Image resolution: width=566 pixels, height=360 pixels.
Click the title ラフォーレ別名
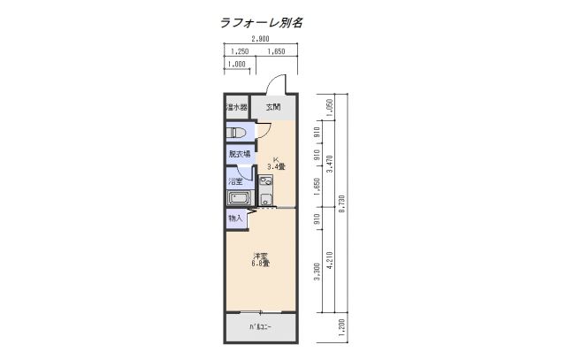pos(261,22)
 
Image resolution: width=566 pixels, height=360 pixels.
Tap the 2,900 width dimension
pos(261,40)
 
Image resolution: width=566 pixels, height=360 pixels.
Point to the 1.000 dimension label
pos(236,65)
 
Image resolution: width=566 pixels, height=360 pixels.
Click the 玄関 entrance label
pos(274,108)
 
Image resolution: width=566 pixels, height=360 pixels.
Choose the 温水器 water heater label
pos(236,108)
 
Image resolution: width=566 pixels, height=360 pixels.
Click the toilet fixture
pos(236,132)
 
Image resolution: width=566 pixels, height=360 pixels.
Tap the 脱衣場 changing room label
pos(239,154)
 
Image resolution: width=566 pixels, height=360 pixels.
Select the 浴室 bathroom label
pos(236,181)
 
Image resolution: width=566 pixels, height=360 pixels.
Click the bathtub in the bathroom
pos(237,196)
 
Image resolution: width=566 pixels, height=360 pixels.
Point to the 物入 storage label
pos(235,218)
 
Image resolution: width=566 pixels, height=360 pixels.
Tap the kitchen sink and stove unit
pos(266,190)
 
